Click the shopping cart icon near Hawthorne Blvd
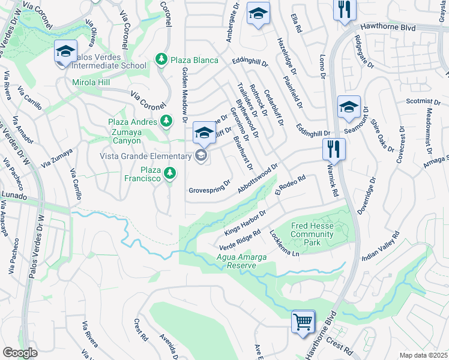pos(303,321)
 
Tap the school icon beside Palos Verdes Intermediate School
pos(65,52)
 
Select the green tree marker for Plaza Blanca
pos(161,59)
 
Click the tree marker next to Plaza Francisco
pos(170,173)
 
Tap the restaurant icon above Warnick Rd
pos(334,148)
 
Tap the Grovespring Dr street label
pos(210,187)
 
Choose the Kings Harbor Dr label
pos(245,223)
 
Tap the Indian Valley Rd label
pos(380,246)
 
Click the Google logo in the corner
pos(20,352)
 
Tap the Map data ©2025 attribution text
pos(424,355)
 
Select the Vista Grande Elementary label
pos(146,156)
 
